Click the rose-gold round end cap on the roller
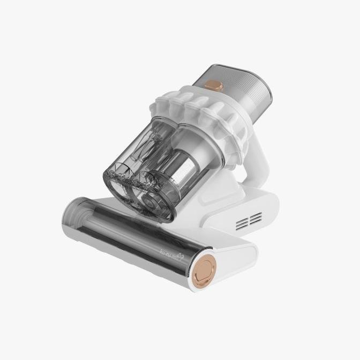click(204, 266)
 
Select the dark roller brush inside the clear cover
click(118, 225)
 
